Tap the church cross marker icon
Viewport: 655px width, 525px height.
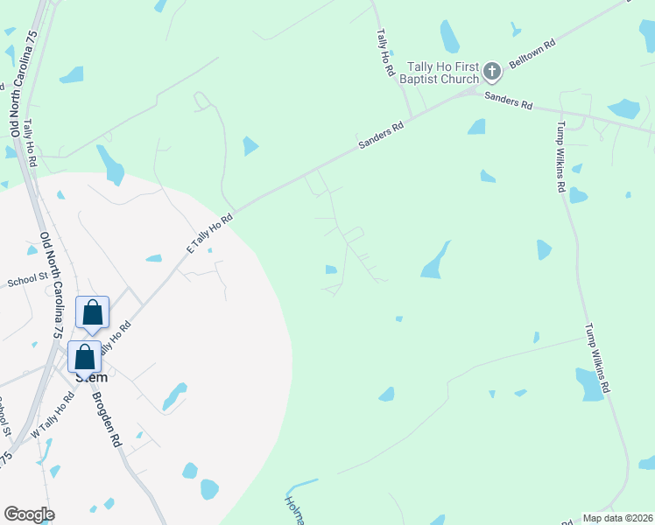tap(491, 71)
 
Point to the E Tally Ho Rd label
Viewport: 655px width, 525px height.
tap(209, 232)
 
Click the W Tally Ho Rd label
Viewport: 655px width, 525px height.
tap(53, 415)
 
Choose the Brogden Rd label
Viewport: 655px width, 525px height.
tap(105, 419)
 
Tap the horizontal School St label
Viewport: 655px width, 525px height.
tap(26, 282)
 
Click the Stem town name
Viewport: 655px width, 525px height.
tap(91, 377)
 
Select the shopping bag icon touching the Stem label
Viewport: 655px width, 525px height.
tap(85, 358)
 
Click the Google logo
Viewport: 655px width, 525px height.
tap(29, 514)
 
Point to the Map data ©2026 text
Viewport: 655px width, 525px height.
tap(618, 518)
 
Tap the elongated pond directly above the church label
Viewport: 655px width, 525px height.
tap(449, 37)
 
